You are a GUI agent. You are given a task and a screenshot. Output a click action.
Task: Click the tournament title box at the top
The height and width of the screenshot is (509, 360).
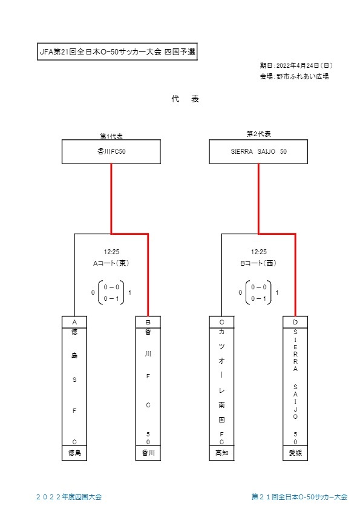pos(117,51)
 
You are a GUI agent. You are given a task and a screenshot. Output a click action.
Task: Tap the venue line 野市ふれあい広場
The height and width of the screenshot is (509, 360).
pos(303,77)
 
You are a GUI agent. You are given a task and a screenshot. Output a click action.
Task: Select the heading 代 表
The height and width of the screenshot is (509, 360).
pos(185,99)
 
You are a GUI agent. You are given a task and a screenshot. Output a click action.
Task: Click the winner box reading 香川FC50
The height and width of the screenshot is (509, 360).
pos(111,151)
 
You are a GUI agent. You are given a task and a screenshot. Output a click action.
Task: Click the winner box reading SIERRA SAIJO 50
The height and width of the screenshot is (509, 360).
pos(258,151)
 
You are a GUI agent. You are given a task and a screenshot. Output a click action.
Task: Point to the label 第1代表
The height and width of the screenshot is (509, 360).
pos(111,136)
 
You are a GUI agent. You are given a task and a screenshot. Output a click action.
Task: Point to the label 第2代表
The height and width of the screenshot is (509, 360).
pos(258,134)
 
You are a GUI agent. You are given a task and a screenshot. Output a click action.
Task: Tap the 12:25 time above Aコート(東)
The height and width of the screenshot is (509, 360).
pos(111,252)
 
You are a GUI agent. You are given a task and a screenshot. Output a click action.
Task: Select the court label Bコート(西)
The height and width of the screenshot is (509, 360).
pos(258,263)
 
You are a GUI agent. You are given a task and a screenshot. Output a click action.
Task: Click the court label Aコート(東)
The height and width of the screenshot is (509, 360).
pos(111,263)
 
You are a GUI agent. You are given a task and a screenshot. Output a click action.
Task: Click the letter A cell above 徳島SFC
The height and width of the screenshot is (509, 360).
pos(74,322)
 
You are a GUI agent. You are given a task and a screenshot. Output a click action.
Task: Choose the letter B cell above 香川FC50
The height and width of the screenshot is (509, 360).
pos(148,322)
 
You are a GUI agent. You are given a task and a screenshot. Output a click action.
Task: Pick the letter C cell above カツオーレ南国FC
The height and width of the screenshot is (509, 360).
pos(221,322)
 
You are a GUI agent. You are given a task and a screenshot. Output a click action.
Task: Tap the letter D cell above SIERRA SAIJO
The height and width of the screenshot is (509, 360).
pos(295,322)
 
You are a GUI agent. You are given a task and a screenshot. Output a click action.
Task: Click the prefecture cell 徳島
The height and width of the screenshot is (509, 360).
pos(74,453)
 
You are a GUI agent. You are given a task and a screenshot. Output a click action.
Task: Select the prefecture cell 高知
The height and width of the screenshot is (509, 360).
pos(221,453)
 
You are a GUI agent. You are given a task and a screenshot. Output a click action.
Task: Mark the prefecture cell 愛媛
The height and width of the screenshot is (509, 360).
pos(295,453)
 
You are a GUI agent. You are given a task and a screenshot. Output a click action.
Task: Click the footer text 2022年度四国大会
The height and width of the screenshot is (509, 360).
pos(69,497)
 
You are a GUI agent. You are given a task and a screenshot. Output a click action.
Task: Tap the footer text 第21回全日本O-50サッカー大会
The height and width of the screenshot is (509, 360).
pos(299,497)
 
